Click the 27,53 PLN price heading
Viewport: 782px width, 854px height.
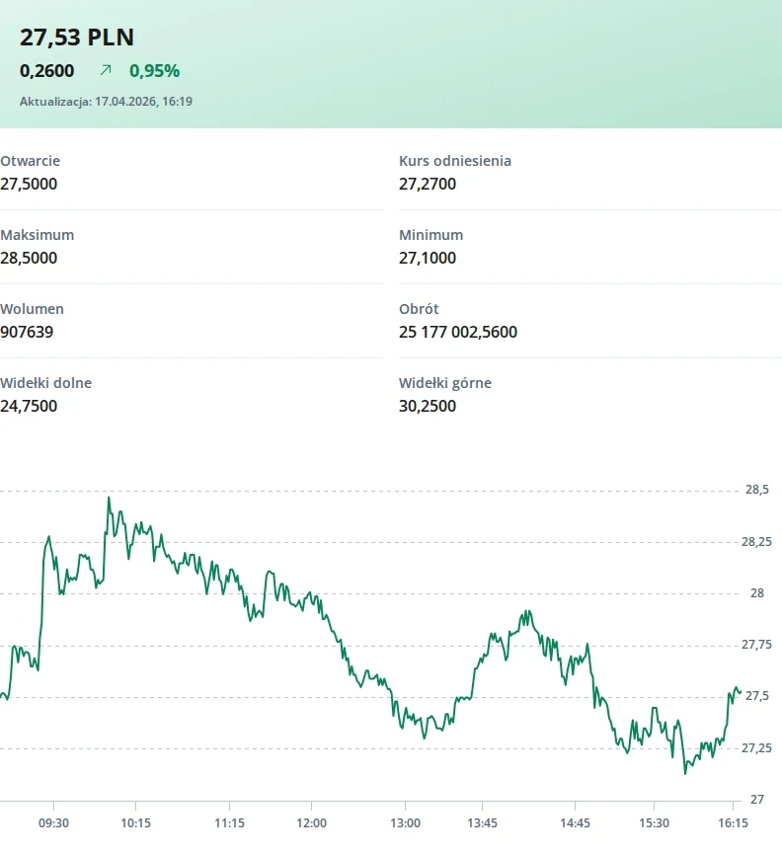[x=77, y=38]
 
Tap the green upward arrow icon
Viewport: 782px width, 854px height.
[x=106, y=70]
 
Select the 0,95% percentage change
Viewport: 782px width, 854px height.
[x=154, y=71]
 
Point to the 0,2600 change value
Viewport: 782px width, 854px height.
[x=46, y=71]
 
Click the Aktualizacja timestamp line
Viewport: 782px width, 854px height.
[x=107, y=102]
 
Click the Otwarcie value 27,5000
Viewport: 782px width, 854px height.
[x=29, y=184]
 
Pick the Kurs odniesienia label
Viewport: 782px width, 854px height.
[x=455, y=161]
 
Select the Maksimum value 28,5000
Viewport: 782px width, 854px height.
[x=29, y=258]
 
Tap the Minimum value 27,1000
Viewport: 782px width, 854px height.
[x=428, y=258]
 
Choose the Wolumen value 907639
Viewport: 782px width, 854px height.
[x=27, y=332]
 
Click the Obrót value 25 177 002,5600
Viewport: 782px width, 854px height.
[x=458, y=332]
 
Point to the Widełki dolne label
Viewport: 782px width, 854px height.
[x=45, y=383]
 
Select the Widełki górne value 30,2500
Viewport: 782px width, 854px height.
[x=428, y=406]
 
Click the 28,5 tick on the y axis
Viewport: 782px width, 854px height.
[x=757, y=490]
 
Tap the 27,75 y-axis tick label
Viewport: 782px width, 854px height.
[x=756, y=645]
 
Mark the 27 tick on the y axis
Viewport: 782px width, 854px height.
[x=757, y=800]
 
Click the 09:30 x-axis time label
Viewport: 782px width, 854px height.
[x=53, y=823]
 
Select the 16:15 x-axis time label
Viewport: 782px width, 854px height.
[x=733, y=823]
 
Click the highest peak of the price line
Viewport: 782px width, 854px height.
[x=109, y=498]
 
